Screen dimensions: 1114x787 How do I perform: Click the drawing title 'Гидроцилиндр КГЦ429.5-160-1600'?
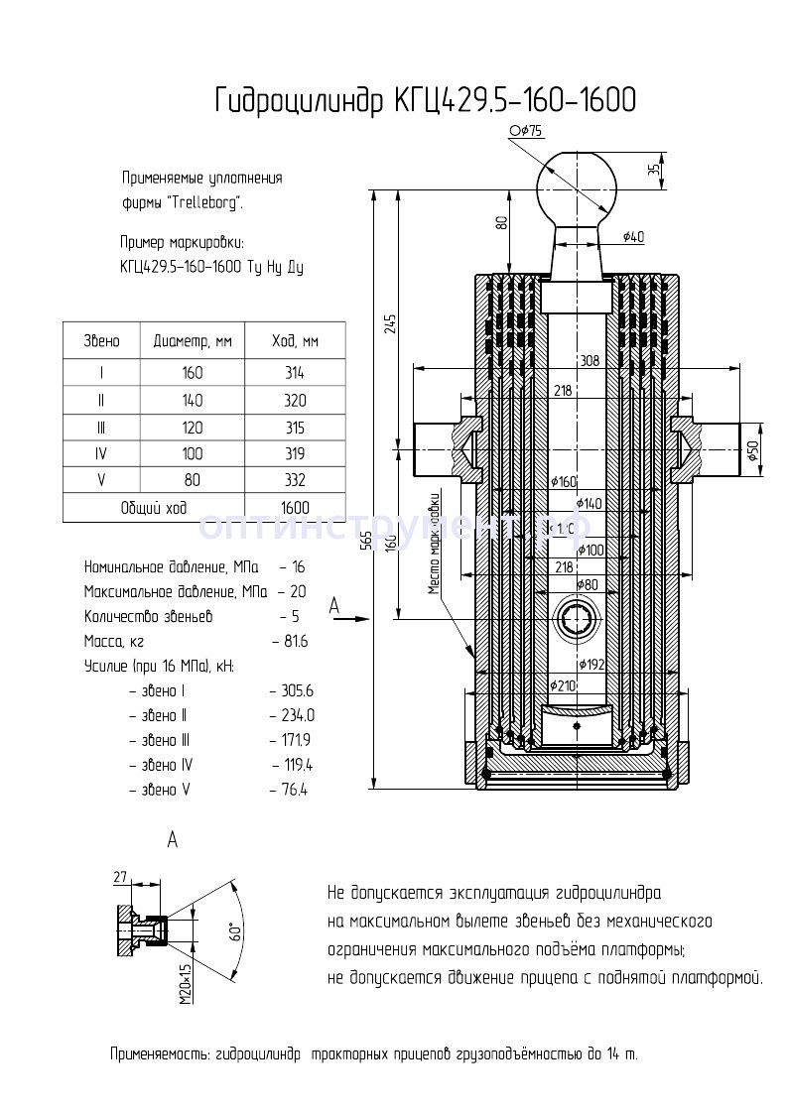pyautogui.click(x=425, y=100)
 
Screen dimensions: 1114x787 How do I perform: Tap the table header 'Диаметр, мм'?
pyautogui.click(x=193, y=341)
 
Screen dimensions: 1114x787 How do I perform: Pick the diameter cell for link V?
pyautogui.click(x=193, y=480)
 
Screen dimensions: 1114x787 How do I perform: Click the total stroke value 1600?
pyautogui.click(x=295, y=507)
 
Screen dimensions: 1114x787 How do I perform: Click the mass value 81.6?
pyautogui.click(x=296, y=642)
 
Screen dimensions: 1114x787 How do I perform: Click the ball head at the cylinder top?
pyautogui.click(x=577, y=185)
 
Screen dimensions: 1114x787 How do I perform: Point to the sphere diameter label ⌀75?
pyautogui.click(x=526, y=131)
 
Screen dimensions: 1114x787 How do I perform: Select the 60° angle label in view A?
pyautogui.click(x=236, y=931)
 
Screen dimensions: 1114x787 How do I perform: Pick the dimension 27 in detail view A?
pyautogui.click(x=121, y=876)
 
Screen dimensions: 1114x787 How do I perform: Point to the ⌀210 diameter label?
pyautogui.click(x=563, y=685)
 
